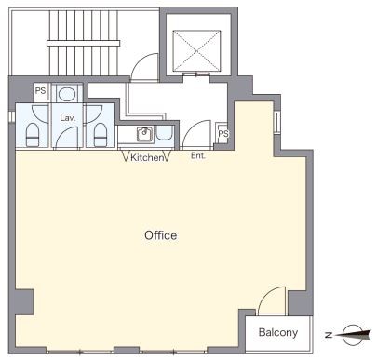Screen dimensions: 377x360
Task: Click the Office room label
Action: (x=161, y=235)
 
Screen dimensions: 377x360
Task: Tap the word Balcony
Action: (x=278, y=333)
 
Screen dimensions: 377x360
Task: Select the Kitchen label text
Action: (x=146, y=157)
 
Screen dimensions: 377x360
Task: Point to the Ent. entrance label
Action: (x=198, y=155)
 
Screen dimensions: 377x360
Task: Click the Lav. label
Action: (x=68, y=118)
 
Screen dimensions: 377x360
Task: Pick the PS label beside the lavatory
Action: (x=40, y=91)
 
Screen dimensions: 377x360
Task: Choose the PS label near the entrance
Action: (x=223, y=134)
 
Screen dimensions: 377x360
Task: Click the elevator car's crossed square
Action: (x=196, y=51)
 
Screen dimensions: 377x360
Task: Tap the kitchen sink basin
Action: (x=144, y=134)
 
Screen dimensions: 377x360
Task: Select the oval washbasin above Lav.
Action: (x=67, y=94)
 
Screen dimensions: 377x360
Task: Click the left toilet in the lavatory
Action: (x=33, y=135)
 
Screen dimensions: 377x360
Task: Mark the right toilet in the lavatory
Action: (x=101, y=135)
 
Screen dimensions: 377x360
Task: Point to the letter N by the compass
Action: (x=329, y=335)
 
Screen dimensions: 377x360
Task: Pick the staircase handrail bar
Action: (x=84, y=43)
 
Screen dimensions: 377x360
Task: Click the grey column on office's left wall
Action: (x=24, y=302)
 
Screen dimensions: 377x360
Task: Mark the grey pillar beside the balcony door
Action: (x=300, y=302)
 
